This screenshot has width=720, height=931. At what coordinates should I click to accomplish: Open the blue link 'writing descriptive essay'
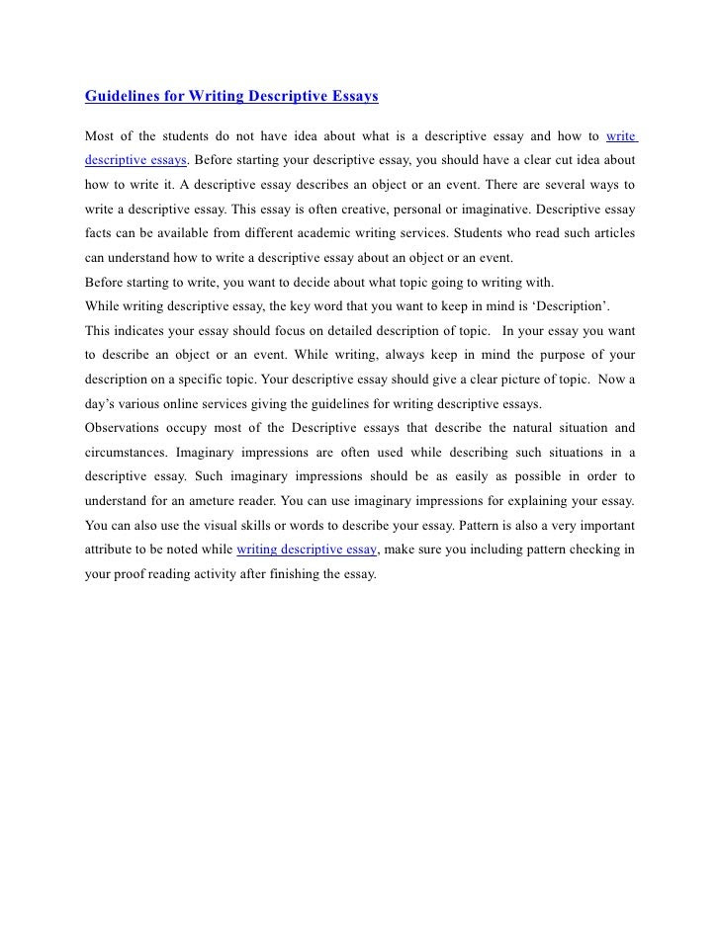tap(307, 548)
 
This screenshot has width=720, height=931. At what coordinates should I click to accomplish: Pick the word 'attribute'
tap(111, 548)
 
